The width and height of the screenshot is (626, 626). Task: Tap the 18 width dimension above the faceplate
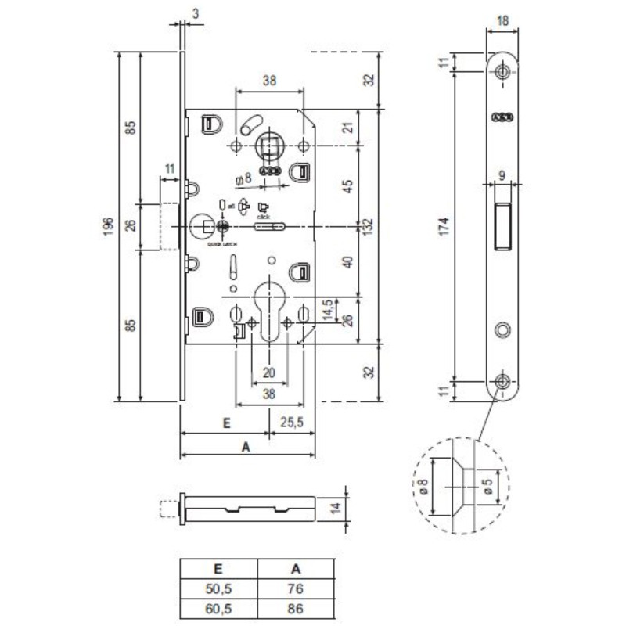pyautogui.click(x=502, y=21)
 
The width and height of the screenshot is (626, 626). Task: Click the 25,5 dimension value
pyautogui.click(x=292, y=423)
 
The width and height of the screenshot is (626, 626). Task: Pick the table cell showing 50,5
pyautogui.click(x=218, y=588)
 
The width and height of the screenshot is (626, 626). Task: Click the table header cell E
pyautogui.click(x=218, y=570)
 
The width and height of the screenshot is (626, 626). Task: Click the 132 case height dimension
pyautogui.click(x=365, y=226)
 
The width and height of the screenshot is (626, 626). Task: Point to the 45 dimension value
pyautogui.click(x=349, y=185)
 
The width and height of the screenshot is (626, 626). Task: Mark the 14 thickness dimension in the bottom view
pyautogui.click(x=335, y=508)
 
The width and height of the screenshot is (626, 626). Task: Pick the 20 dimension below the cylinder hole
pyautogui.click(x=269, y=372)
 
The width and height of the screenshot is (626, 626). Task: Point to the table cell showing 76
pyautogui.click(x=296, y=588)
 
